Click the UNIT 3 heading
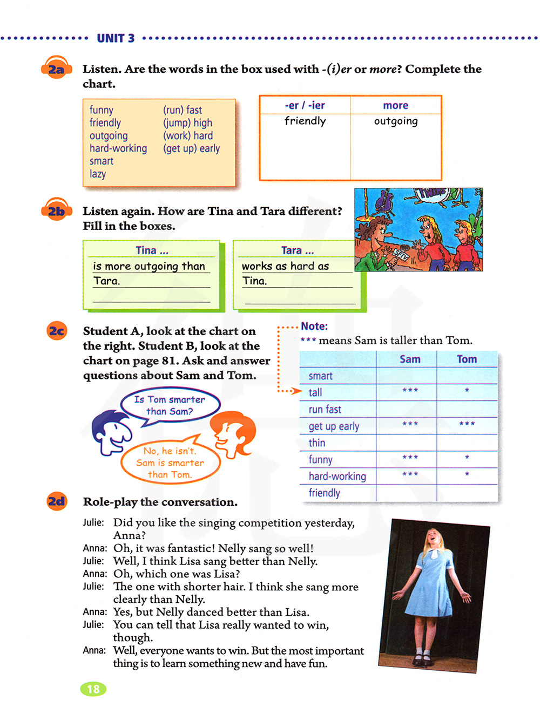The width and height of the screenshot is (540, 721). point(116,38)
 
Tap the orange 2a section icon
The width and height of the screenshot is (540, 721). point(56,69)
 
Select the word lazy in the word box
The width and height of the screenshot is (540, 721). point(98,174)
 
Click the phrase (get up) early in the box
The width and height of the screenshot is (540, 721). point(191,148)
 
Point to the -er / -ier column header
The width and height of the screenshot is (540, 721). point(305,105)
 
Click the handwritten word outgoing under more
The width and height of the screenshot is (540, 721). point(396,121)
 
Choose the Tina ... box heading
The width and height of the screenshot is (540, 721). point(152,250)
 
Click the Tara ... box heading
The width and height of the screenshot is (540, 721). point(297,250)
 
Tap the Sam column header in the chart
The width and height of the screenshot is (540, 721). point(410,359)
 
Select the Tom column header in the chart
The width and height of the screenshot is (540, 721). point(467,359)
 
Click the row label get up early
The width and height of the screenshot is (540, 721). point(334,426)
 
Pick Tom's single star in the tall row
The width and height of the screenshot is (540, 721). point(467,390)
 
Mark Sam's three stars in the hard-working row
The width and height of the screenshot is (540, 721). point(410,474)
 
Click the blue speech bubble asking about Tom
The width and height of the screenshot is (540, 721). point(170,405)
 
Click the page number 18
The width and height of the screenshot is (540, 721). point(93,689)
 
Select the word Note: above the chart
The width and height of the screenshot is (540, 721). point(314,326)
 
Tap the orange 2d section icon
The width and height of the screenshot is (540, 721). point(56,502)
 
